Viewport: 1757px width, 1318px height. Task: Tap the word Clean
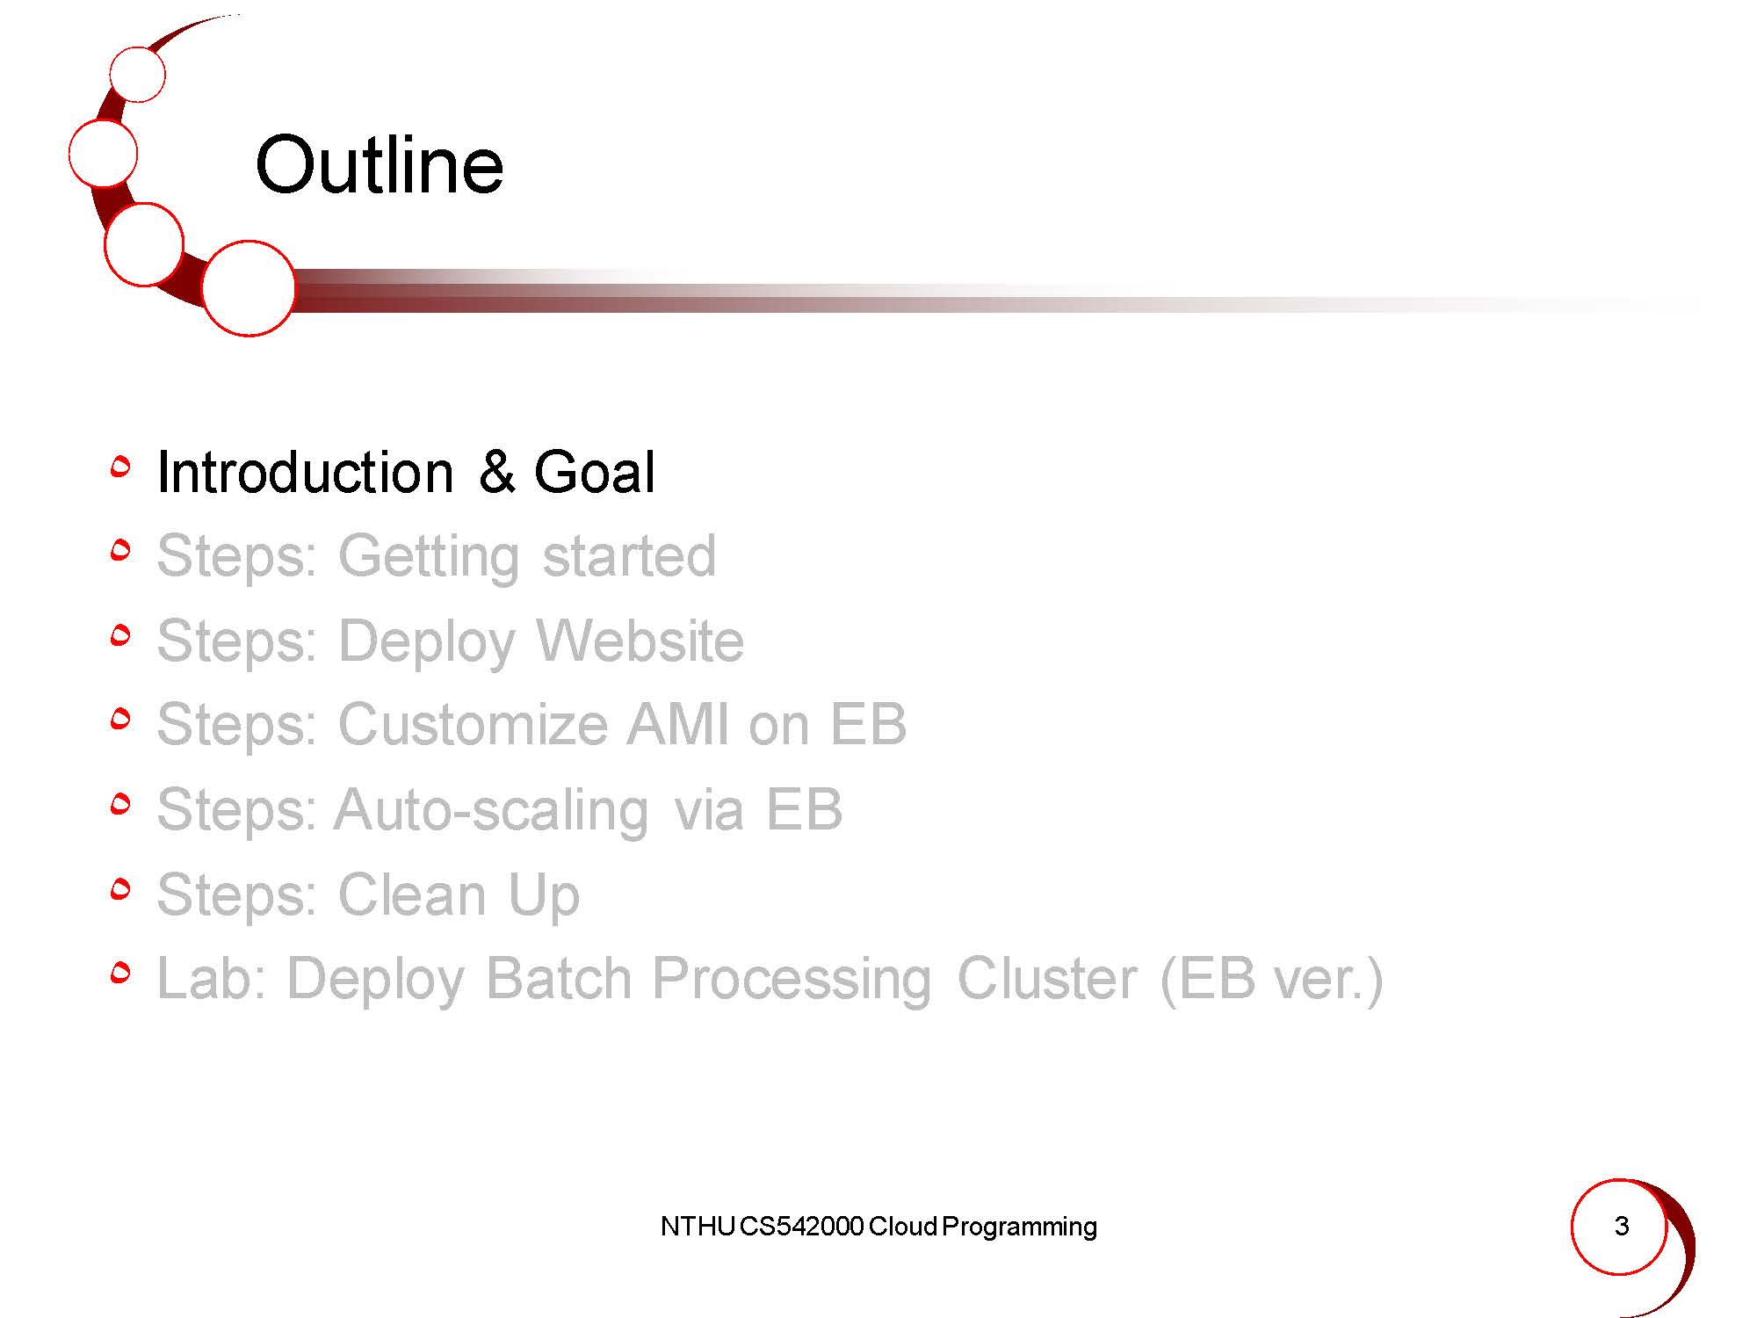[411, 894]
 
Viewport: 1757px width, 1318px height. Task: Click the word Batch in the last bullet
[559, 978]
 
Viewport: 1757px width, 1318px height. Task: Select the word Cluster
[1047, 978]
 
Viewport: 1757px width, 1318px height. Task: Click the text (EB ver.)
[1272, 979]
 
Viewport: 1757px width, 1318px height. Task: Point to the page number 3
[1622, 1226]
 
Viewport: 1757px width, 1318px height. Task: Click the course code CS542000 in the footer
[801, 1227]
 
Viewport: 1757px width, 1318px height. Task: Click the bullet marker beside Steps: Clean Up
[120, 890]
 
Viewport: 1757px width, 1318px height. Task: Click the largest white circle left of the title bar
[249, 288]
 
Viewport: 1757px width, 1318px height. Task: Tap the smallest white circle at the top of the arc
[138, 75]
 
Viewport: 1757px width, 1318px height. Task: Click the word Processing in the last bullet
[792, 980]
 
